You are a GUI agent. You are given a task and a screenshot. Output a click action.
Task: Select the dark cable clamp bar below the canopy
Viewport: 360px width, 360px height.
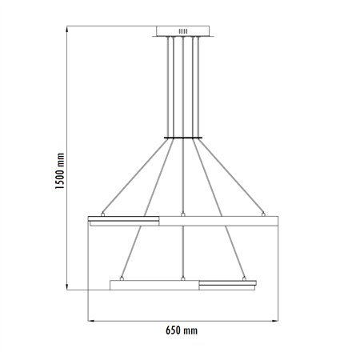coord(182,138)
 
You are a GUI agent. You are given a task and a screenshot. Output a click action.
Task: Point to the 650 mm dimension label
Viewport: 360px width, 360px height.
coord(182,330)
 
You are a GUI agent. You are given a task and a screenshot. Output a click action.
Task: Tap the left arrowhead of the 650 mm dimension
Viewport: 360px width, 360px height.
coord(90,321)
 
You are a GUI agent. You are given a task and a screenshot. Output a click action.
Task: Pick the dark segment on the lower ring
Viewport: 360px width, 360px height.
coord(228,283)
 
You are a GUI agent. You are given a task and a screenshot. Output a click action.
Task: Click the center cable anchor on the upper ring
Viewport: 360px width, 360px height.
coord(182,214)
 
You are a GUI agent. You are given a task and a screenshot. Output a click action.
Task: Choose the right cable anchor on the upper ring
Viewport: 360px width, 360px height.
coord(263,214)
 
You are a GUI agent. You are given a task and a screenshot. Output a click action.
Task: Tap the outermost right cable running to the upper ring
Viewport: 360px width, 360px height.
coord(232,177)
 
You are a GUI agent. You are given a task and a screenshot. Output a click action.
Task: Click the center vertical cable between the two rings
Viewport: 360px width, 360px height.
coord(182,252)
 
